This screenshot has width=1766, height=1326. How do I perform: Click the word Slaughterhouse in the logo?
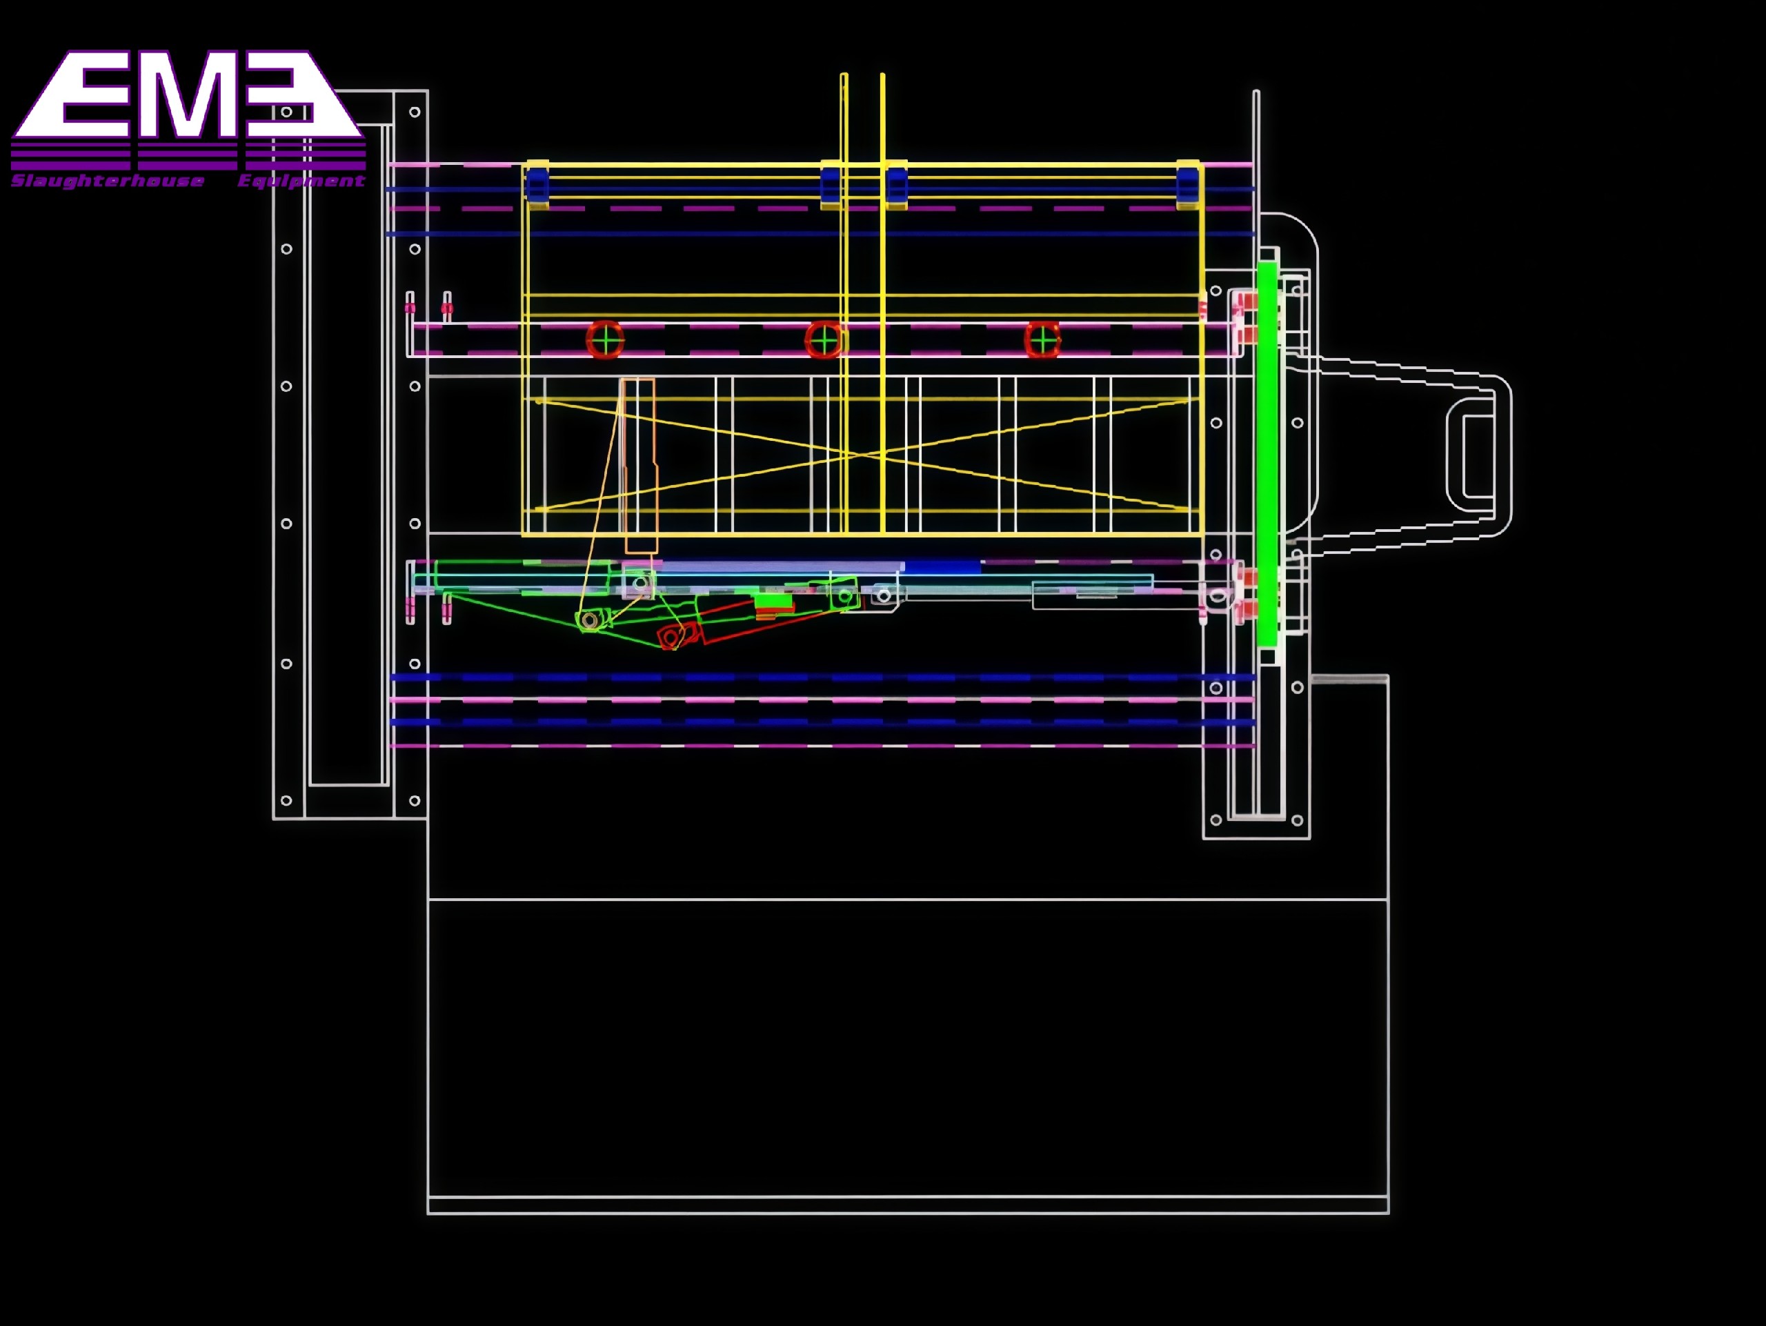[x=107, y=181]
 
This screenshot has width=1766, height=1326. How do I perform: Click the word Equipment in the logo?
[x=301, y=181]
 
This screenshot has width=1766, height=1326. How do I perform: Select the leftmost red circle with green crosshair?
[x=605, y=341]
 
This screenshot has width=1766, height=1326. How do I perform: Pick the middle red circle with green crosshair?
[x=823, y=341]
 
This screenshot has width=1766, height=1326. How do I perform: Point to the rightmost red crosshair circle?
[x=1042, y=341]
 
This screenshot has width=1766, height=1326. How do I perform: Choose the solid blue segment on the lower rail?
[x=942, y=567]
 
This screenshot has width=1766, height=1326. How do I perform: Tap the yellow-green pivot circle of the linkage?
[x=590, y=620]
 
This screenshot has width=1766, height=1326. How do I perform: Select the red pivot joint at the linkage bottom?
[x=671, y=637]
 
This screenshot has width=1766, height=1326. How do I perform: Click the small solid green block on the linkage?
[x=773, y=601]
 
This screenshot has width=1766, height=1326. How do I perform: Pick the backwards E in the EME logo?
[x=291, y=95]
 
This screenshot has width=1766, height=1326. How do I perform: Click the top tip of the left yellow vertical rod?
[x=844, y=76]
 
